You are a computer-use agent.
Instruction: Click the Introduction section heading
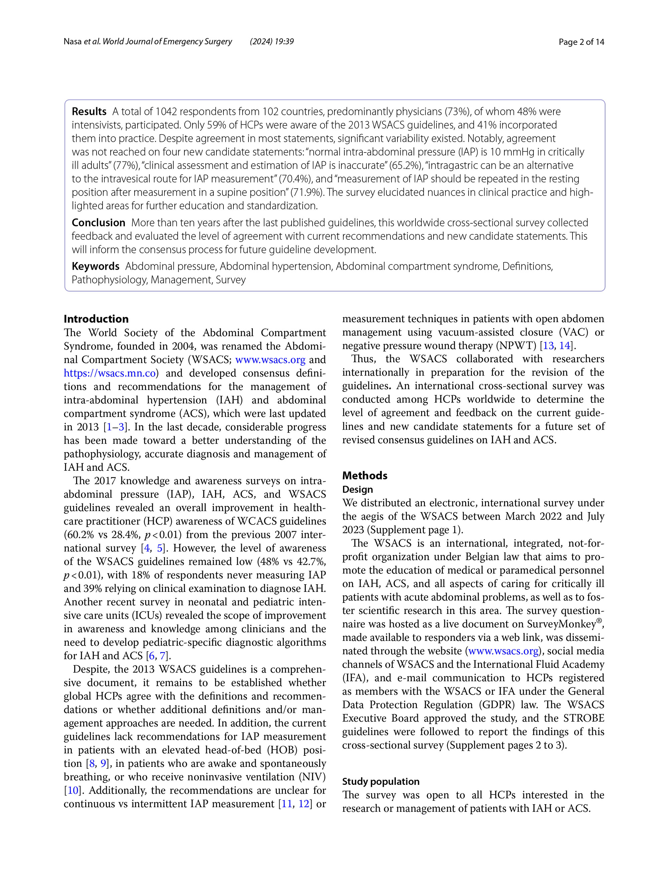pos(96,319)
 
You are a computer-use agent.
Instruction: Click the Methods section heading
pos(364,476)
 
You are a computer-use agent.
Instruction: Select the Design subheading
pos(357,490)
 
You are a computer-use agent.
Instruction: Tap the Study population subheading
pos(380,782)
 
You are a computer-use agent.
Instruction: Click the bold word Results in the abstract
pos(89,112)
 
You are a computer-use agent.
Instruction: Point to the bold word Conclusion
pos(98,223)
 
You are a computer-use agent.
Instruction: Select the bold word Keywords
pos(96,266)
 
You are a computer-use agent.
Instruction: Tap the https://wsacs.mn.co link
pos(110,373)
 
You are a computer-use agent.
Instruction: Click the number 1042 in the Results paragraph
pos(166,112)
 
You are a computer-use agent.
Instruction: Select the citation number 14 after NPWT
pos(564,346)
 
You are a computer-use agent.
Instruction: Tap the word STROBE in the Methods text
pos(584,718)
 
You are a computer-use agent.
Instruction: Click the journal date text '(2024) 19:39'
pos(272,42)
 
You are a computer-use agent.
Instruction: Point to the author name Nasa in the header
pos(72,42)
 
